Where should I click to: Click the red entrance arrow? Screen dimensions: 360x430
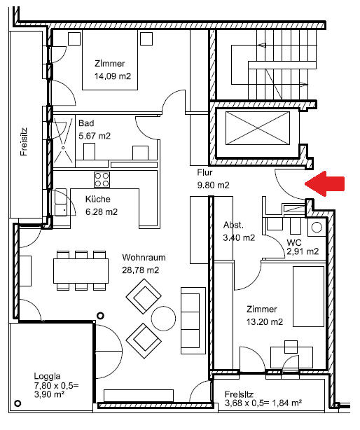point(325,183)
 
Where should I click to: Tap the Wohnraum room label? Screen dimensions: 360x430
point(144,258)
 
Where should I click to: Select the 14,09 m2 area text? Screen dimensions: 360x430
point(113,76)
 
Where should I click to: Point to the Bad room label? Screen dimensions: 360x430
point(86,123)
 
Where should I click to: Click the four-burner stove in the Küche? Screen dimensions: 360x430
point(102,179)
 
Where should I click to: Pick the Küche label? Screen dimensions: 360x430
point(98,199)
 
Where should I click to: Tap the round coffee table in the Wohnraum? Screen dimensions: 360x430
point(163,319)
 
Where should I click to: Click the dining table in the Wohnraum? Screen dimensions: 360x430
point(81,271)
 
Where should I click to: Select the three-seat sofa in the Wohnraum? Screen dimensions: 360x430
point(193,320)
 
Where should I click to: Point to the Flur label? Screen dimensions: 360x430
point(205,172)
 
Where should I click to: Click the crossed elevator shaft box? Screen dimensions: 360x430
point(258,128)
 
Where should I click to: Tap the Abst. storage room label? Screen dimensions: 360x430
point(233,225)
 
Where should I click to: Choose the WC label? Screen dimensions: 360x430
point(294,242)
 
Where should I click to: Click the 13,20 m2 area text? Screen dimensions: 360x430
point(265,321)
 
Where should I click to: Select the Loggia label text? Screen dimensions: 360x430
point(47,376)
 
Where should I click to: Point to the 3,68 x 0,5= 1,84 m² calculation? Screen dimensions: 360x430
point(263,403)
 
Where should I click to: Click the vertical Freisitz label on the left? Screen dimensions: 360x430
point(24,141)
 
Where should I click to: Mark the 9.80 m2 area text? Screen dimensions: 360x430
point(214,186)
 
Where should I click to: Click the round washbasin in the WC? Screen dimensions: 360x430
point(317,228)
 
